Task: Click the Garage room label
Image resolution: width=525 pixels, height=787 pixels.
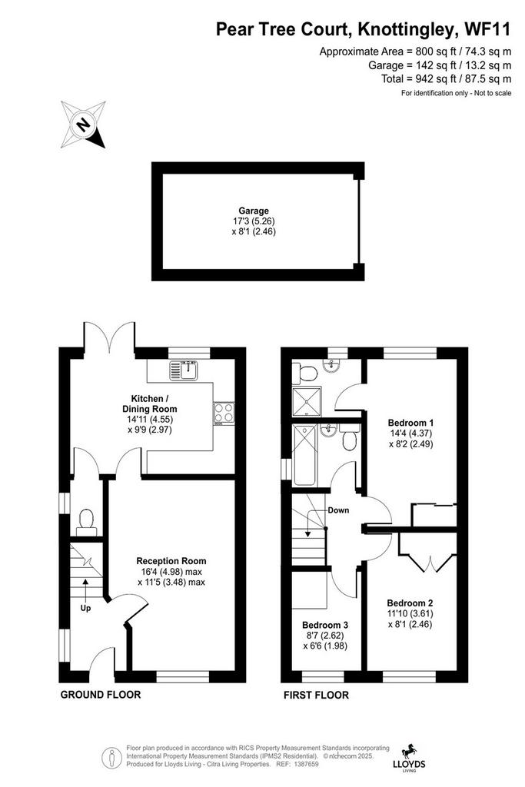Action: click(x=254, y=211)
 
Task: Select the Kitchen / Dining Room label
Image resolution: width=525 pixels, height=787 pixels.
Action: click(x=150, y=403)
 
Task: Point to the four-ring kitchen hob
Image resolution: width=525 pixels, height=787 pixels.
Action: click(x=224, y=413)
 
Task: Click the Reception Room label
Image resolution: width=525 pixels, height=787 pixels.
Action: click(x=171, y=561)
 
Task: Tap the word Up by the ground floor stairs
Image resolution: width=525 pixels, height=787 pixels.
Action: click(x=85, y=608)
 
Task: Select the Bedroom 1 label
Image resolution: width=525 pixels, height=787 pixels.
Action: click(x=410, y=423)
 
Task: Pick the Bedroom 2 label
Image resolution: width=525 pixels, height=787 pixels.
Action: click(x=410, y=603)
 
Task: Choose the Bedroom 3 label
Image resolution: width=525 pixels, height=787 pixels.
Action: click(x=324, y=625)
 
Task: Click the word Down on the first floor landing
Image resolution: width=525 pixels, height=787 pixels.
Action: click(x=338, y=510)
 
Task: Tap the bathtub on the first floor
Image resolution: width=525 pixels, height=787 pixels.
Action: click(x=304, y=455)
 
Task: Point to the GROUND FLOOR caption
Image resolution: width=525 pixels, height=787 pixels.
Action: click(x=101, y=695)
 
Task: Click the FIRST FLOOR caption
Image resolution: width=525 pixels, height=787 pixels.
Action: click(x=316, y=695)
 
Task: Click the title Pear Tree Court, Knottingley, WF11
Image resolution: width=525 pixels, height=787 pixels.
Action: click(x=363, y=29)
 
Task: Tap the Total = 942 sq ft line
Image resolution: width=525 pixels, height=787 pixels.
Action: click(x=446, y=79)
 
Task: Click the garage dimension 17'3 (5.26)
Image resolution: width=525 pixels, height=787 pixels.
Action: click(x=254, y=221)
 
